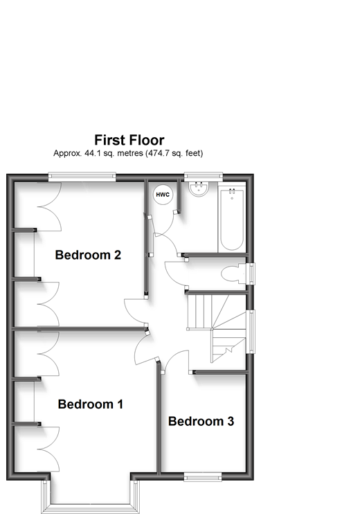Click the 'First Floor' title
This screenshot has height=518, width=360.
129,140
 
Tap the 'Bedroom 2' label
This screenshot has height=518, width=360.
88,255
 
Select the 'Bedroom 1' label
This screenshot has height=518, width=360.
90,404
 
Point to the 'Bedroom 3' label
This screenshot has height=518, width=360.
201,421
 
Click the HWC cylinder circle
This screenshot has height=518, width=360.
163,195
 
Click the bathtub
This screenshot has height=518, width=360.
231,219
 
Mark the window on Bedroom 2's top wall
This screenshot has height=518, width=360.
82,177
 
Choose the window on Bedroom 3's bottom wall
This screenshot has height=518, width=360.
202,476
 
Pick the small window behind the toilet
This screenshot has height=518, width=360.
252,273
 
